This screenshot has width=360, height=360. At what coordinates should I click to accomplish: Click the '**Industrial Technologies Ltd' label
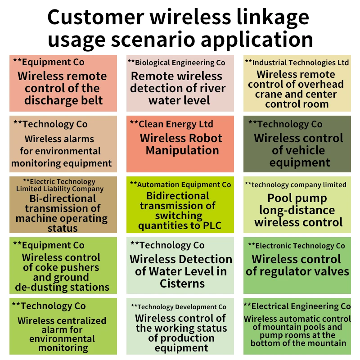[297, 63]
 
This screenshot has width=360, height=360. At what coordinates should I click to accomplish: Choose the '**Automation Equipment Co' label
[180, 184]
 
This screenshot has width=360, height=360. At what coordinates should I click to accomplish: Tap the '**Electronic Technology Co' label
[297, 246]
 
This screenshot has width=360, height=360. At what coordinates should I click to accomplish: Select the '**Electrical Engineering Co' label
[297, 306]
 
